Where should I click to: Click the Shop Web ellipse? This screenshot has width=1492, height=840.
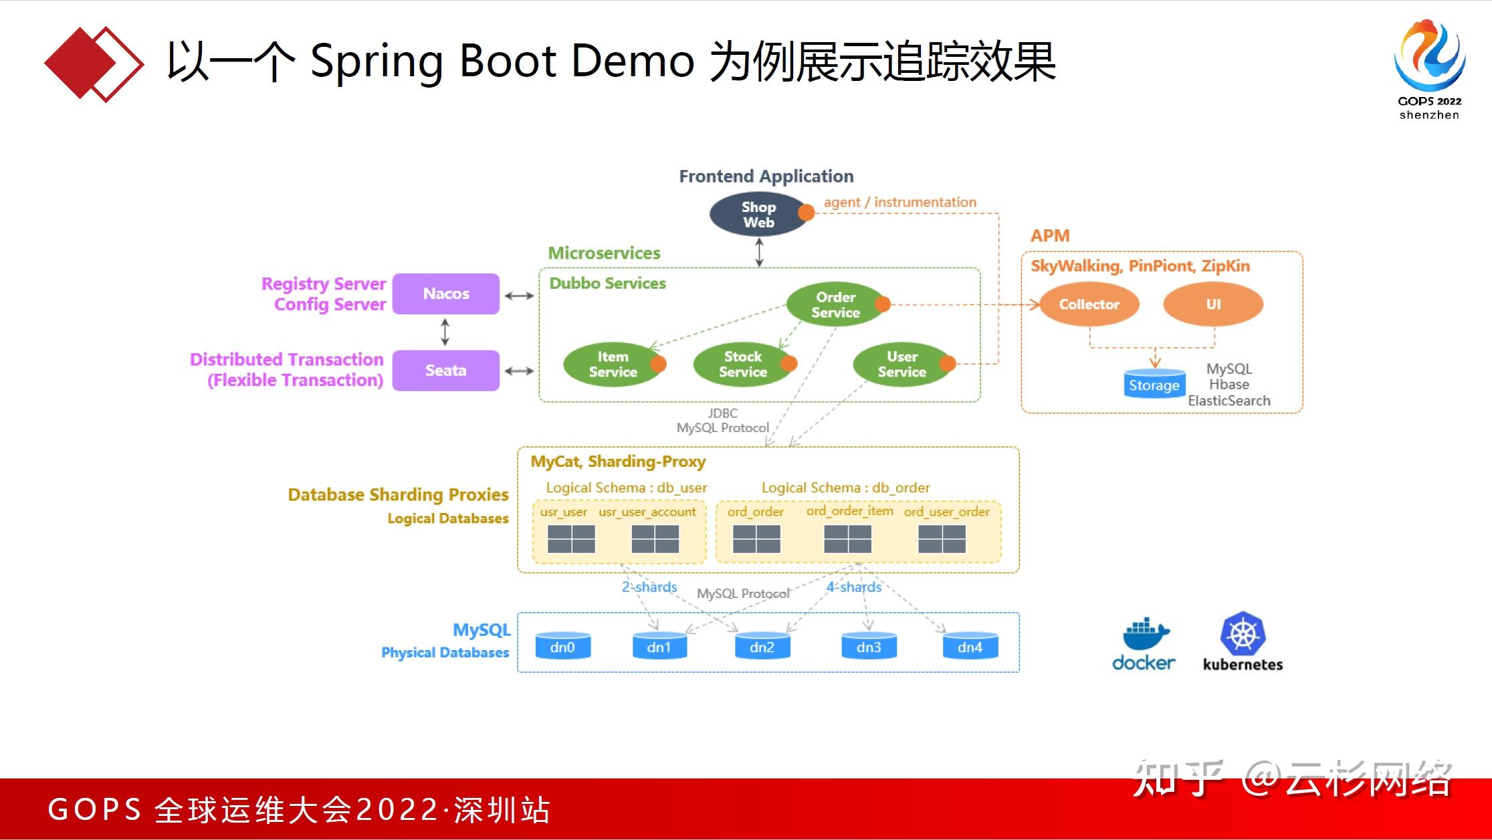758,215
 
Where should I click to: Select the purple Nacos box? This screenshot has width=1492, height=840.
446,294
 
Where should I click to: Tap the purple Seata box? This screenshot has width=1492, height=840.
446,371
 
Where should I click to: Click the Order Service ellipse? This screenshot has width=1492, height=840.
835,305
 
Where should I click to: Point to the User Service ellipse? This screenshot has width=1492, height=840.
901,364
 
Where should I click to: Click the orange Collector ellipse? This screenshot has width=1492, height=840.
1089,304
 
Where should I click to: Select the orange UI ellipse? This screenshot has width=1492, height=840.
1213,304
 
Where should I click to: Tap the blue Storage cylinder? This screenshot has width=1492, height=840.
1154,385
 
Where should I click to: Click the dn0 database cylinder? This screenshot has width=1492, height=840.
562,647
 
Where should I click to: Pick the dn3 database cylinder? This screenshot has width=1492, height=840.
869,647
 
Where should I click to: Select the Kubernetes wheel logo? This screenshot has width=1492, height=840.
1243,633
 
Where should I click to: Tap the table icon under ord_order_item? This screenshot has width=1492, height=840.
847,539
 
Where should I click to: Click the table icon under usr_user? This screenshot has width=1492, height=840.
571,539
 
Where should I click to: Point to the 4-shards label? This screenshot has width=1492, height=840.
854,587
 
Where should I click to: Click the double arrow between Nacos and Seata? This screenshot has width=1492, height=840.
445,332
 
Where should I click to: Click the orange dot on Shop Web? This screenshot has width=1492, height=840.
807,213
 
